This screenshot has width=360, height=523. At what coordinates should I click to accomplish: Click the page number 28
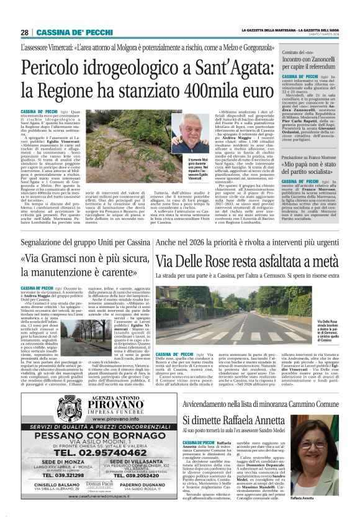[x=25, y=32]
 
